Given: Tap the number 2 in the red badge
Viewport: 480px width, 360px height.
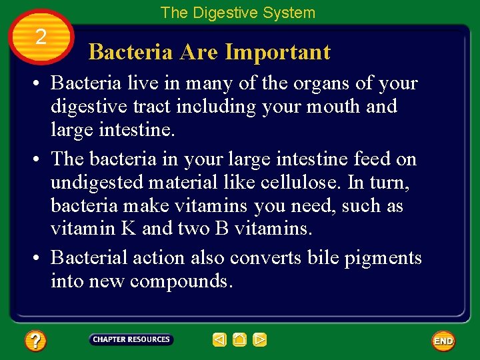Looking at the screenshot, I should pyautogui.click(x=41, y=37).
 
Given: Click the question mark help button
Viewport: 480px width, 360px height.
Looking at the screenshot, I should pyautogui.click(x=35, y=341).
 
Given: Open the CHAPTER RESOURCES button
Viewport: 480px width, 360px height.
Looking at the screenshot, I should pyautogui.click(x=131, y=340).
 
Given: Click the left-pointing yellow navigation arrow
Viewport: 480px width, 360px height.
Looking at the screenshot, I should pyautogui.click(x=220, y=340).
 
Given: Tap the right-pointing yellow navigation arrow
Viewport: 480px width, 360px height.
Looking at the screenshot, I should pyautogui.click(x=260, y=340).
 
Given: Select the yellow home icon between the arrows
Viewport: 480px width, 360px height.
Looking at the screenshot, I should pyautogui.click(x=240, y=340).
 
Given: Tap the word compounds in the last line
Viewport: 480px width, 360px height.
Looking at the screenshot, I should pyautogui.click(x=181, y=281).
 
